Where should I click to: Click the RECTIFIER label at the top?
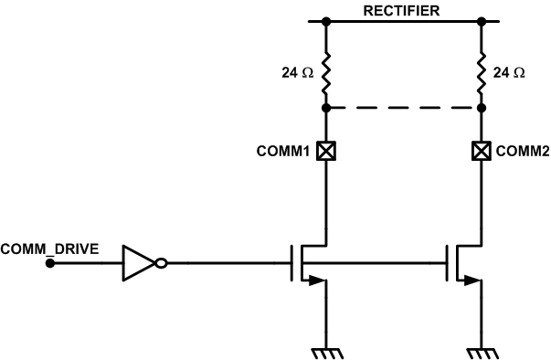(402, 11)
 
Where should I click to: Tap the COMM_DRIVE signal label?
(45, 249)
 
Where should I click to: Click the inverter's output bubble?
(161, 264)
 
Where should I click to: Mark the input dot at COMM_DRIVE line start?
(50, 264)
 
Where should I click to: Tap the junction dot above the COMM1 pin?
(324, 108)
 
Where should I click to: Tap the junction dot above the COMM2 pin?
(480, 108)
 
